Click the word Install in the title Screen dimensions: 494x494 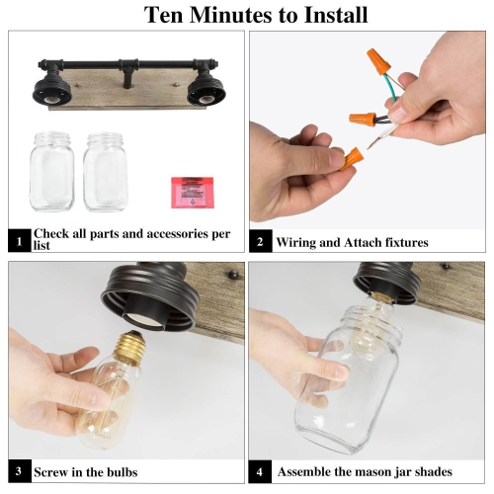(x=336, y=15)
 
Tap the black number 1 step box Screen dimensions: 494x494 (x=19, y=241)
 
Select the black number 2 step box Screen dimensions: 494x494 (x=261, y=241)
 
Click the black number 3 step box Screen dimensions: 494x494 (x=20, y=471)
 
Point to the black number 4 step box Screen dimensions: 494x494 (x=260, y=471)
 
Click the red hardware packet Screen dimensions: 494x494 (x=192, y=193)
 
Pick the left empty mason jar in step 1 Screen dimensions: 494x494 (x=51, y=171)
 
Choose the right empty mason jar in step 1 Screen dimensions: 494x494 (x=106, y=172)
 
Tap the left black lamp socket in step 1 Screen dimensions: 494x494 (x=52, y=91)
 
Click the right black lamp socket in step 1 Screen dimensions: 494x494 (x=206, y=91)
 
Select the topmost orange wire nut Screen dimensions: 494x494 (x=378, y=61)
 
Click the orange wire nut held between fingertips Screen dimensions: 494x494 (x=352, y=158)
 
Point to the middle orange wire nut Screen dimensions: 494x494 (x=363, y=120)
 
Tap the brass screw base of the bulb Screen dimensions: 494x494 (x=129, y=347)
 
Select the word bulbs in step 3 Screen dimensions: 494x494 (x=120, y=472)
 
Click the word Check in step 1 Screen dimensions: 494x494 (x=50, y=233)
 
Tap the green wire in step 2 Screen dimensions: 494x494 (x=390, y=86)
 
